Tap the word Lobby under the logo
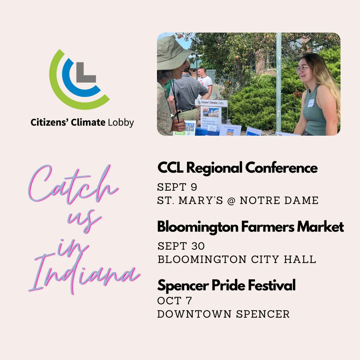pos(121,122)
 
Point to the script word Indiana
pos(85,273)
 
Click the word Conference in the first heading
pos(282,168)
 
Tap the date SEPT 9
pos(177,187)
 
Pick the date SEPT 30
pos(181,246)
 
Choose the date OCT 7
pos(174,301)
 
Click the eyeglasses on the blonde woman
pos(303,68)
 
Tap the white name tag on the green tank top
pos(311,103)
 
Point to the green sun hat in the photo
pos(174,54)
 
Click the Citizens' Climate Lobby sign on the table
pos(211,103)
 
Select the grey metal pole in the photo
pos(278,83)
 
